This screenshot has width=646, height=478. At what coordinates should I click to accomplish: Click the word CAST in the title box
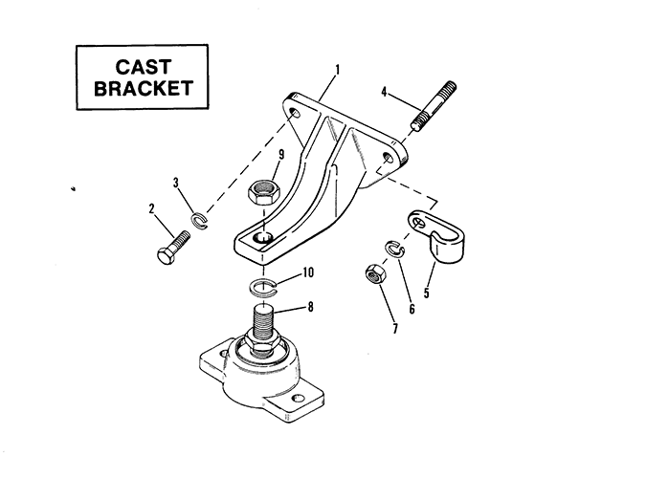coord(143,67)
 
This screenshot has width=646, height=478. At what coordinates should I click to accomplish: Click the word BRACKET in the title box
coord(144,88)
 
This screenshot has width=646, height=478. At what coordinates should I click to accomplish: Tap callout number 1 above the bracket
coord(338,70)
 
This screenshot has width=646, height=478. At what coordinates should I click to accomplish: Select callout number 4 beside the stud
coord(384,92)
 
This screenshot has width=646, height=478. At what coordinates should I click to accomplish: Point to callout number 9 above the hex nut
coord(281,155)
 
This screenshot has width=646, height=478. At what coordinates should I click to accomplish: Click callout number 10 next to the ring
coord(308,272)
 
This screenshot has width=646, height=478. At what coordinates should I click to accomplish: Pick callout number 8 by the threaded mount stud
coord(310,307)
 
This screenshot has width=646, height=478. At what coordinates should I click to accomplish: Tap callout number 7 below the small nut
coord(395,329)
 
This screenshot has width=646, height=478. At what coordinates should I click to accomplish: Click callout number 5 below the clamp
coord(427,293)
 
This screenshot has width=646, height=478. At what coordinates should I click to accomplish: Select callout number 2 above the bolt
coord(151,208)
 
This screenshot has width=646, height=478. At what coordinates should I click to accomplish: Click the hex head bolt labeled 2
coord(173,247)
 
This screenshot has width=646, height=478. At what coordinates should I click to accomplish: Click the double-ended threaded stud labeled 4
coord(434,106)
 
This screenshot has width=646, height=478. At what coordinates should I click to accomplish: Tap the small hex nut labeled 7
coord(376,274)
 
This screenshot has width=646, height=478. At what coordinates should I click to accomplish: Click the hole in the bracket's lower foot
coord(263,237)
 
